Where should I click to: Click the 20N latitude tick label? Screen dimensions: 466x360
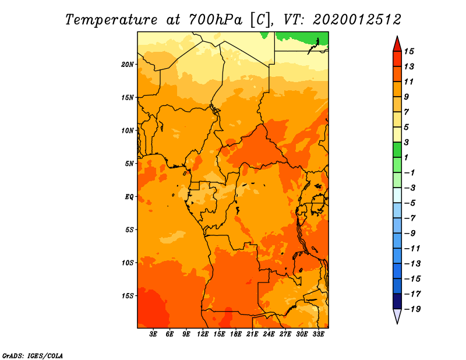click(x=127, y=65)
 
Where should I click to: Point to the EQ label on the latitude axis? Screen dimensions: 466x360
click(x=129, y=197)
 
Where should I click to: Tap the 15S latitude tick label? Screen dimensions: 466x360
click(x=127, y=296)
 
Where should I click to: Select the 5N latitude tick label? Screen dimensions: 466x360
click(x=129, y=164)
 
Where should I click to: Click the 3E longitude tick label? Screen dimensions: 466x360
click(x=153, y=334)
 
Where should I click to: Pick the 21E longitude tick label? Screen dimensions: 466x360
click(x=252, y=334)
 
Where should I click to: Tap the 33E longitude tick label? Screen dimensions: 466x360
click(x=318, y=334)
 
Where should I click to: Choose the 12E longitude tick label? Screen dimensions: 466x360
click(x=202, y=334)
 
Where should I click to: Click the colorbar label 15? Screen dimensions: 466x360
click(x=409, y=51)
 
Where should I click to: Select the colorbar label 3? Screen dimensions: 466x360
click(x=407, y=142)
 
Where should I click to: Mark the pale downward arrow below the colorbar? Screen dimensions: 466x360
click(x=397, y=316)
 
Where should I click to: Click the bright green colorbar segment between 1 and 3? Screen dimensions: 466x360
click(x=397, y=150)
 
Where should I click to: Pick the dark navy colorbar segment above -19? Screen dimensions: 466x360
click(x=397, y=301)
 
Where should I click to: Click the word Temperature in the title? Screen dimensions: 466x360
click(x=111, y=20)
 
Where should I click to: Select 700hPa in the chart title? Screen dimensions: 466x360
click(x=216, y=20)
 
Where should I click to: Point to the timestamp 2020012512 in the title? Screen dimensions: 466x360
click(x=357, y=20)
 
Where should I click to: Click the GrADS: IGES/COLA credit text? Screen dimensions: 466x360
click(x=33, y=356)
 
